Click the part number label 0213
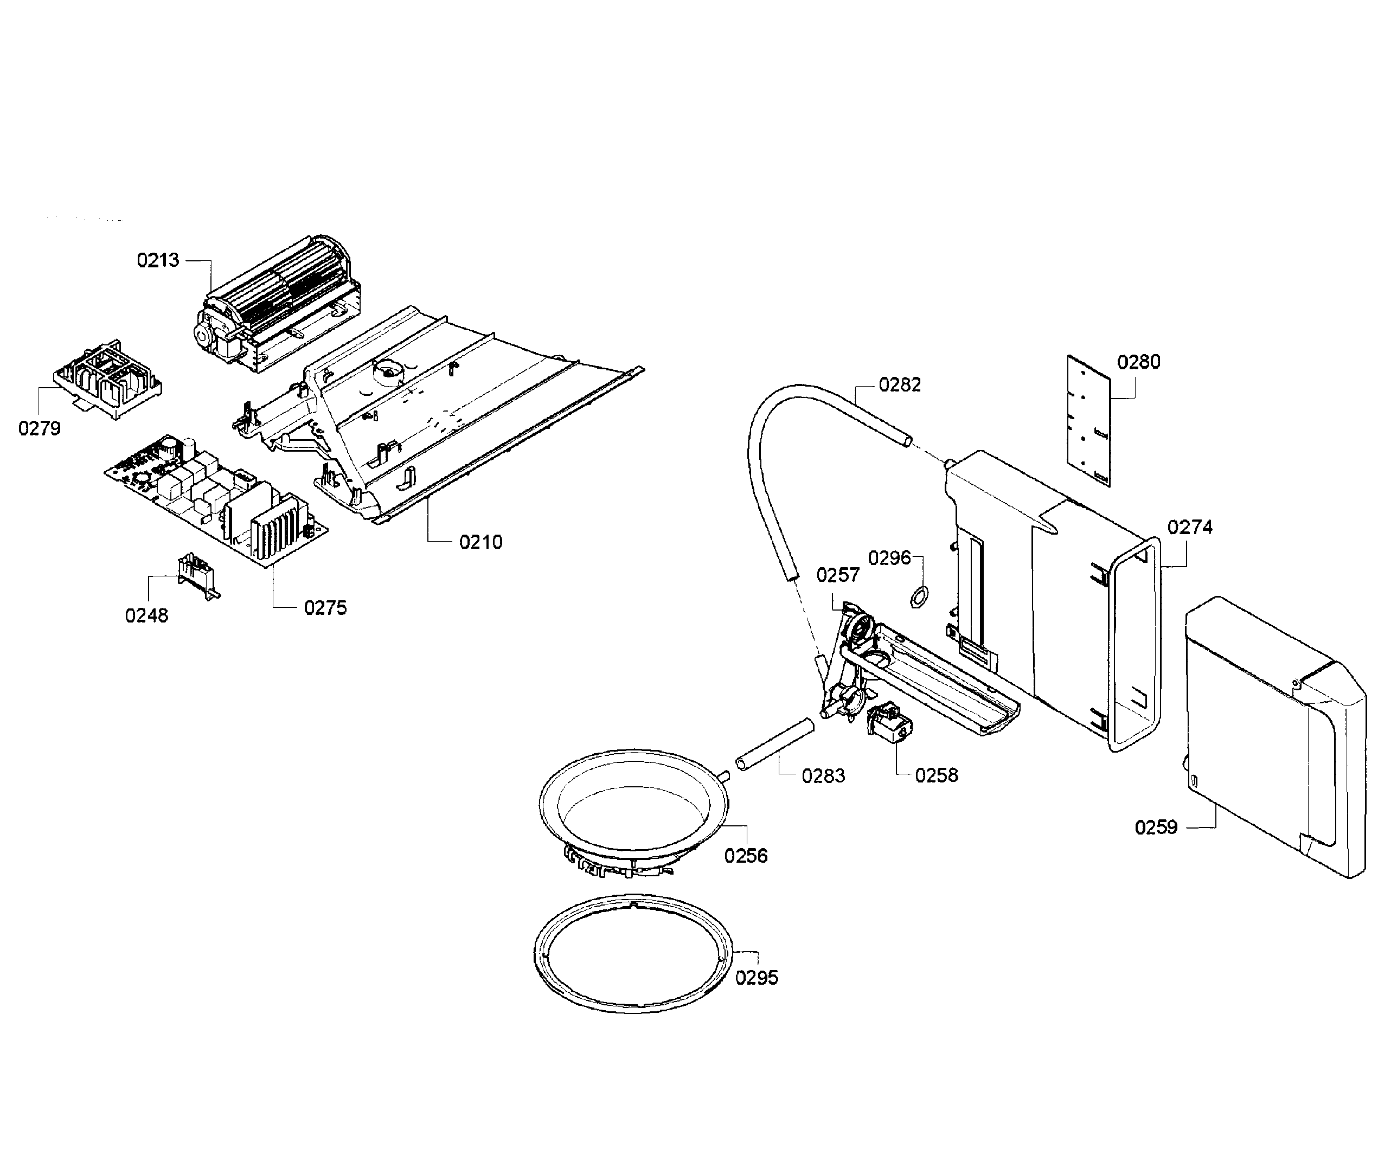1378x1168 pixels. (x=158, y=260)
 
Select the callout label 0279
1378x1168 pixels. (x=39, y=428)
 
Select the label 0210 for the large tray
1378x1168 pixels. (x=480, y=542)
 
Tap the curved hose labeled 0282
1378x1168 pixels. (x=761, y=464)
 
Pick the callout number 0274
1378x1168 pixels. (x=1189, y=527)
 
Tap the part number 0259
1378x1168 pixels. (x=1156, y=827)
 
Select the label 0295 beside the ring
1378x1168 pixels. (x=756, y=977)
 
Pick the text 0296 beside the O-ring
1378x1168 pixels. (x=889, y=558)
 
